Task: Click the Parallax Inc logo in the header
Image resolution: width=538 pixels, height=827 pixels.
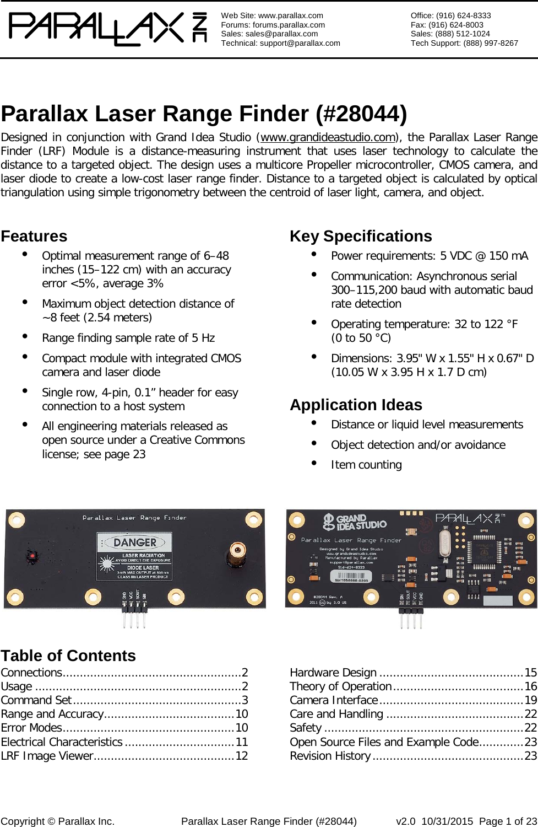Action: pyautogui.click(x=107, y=29)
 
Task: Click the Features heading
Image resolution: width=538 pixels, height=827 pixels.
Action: pyautogui.click(x=34, y=236)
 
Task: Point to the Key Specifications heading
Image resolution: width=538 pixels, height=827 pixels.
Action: pyautogui.click(x=361, y=236)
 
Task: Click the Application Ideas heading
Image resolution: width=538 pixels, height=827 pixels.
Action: pyautogui.click(x=356, y=405)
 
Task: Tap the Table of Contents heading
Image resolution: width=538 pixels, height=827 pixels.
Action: pyautogui.click(x=68, y=656)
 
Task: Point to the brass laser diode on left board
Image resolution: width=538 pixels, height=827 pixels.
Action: pyautogui.click(x=239, y=549)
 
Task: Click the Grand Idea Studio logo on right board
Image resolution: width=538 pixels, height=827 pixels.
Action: pyautogui.click(x=355, y=522)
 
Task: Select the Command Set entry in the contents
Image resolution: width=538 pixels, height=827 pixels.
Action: pyautogui.click(x=36, y=700)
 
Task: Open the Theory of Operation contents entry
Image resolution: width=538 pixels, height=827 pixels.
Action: pyautogui.click(x=340, y=686)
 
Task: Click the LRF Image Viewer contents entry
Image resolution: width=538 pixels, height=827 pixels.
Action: pyautogui.click(x=47, y=755)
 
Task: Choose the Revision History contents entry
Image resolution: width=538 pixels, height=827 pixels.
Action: pyautogui.click(x=330, y=755)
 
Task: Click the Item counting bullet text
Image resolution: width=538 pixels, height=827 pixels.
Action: pyautogui.click(x=366, y=465)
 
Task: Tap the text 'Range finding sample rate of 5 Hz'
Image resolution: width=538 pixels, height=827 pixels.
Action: pyautogui.click(x=128, y=338)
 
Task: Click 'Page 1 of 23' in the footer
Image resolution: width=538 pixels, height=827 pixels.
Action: pyautogui.click(x=508, y=821)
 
